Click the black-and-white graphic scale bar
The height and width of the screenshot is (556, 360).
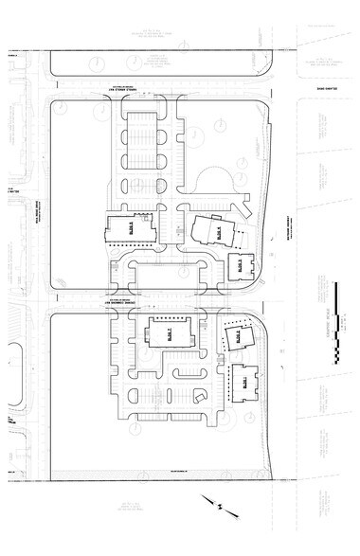pos(338,322)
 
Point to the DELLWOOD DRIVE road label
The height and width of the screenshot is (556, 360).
pos(327,93)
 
